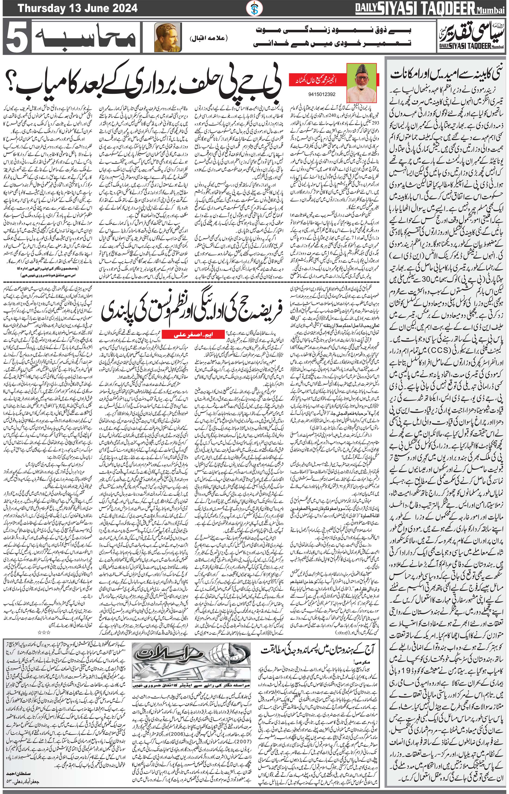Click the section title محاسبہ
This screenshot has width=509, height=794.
coord(84,37)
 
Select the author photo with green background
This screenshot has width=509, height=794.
coord(362,83)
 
